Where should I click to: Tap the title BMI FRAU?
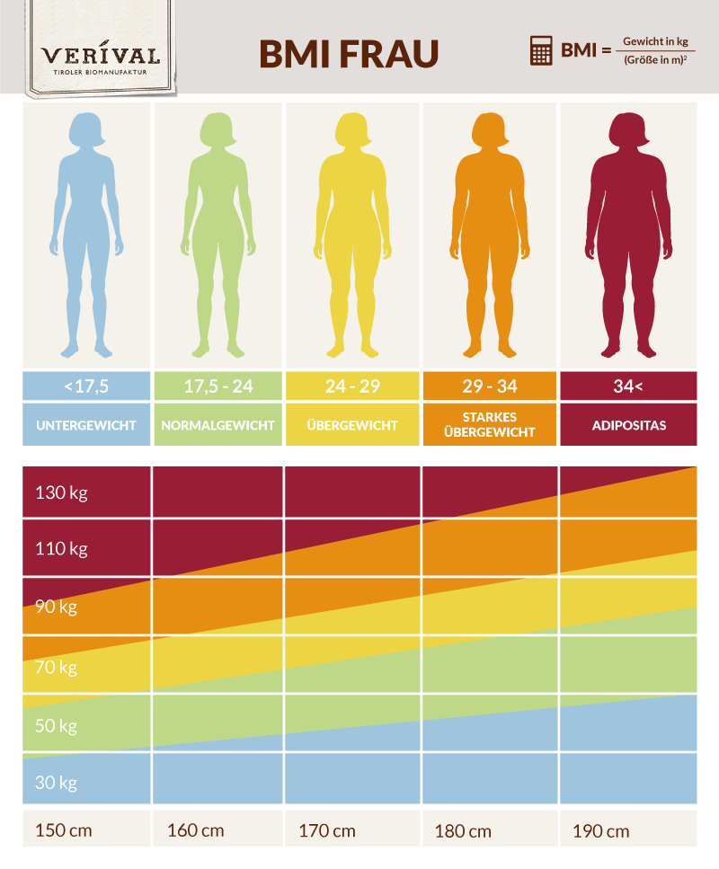349,54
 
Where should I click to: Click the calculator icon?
541,51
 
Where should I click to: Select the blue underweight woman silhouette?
85,234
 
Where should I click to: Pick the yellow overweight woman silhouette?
351,234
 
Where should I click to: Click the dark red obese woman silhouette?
627,234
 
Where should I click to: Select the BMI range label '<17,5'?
86,387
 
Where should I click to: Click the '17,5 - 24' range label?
218,387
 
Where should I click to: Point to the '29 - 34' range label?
490,387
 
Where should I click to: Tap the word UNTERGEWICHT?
86,425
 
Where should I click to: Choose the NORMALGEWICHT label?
218,425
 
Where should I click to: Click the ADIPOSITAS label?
628,425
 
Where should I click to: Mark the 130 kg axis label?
61,492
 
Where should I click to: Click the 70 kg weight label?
56,668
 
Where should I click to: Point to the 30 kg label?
56,783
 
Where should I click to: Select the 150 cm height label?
64,830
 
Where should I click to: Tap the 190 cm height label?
600,830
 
